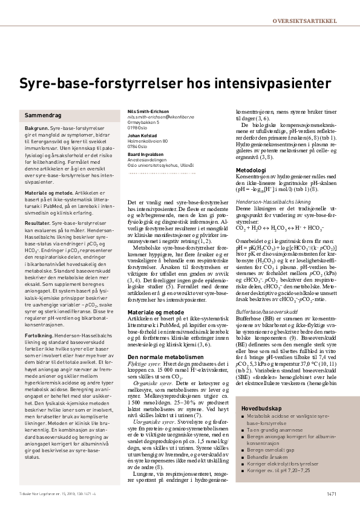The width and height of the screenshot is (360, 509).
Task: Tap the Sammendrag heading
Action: [42, 115]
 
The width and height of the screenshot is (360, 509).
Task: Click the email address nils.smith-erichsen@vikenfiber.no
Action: [164, 117]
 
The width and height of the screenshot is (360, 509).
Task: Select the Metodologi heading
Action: [251, 170]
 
